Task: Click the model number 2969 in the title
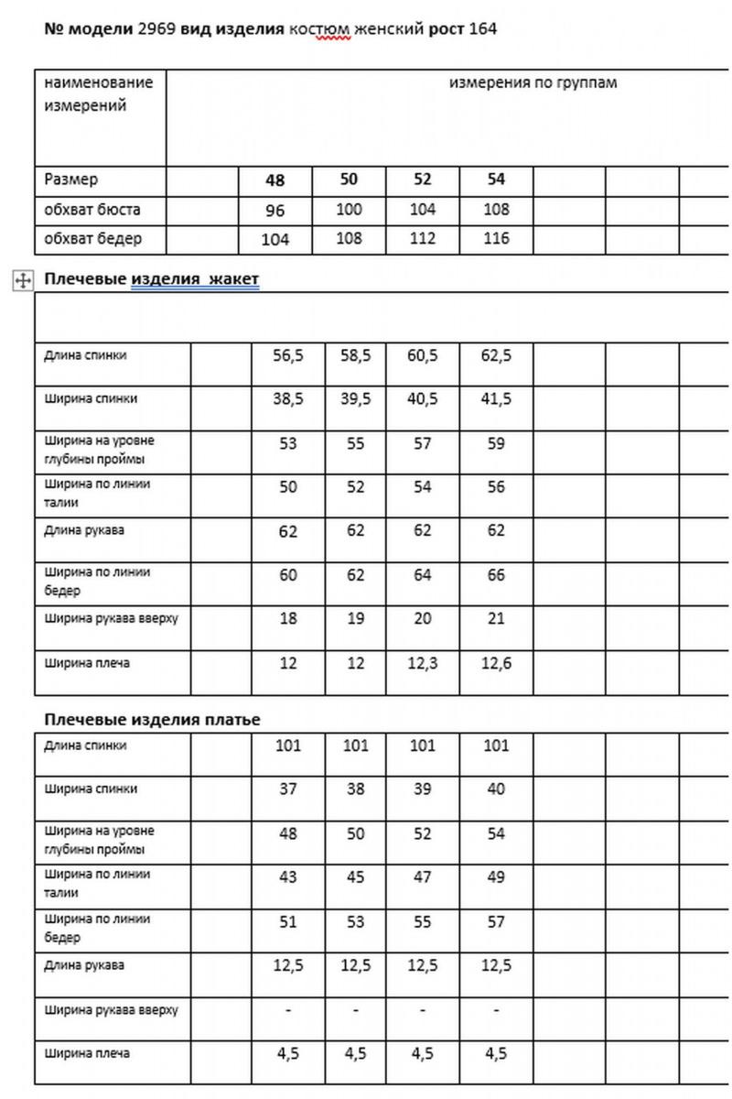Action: (154, 29)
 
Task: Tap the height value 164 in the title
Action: (482, 29)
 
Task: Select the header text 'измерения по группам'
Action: (533, 83)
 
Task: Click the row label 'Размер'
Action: (71, 180)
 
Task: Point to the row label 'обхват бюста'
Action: (92, 210)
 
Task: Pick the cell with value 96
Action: (275, 211)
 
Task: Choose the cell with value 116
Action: (496, 240)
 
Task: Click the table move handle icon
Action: (23, 280)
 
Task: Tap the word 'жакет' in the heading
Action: (234, 279)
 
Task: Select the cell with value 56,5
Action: (288, 355)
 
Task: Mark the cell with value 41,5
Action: (496, 399)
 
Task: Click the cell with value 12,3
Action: (423, 663)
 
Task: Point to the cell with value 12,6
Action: (496, 663)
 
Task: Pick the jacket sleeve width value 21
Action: (496, 619)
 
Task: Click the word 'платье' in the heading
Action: (231, 720)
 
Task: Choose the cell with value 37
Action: (288, 789)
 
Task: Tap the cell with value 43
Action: (288, 877)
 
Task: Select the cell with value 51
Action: (288, 922)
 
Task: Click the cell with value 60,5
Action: (423, 355)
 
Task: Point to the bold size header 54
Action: (496, 180)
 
